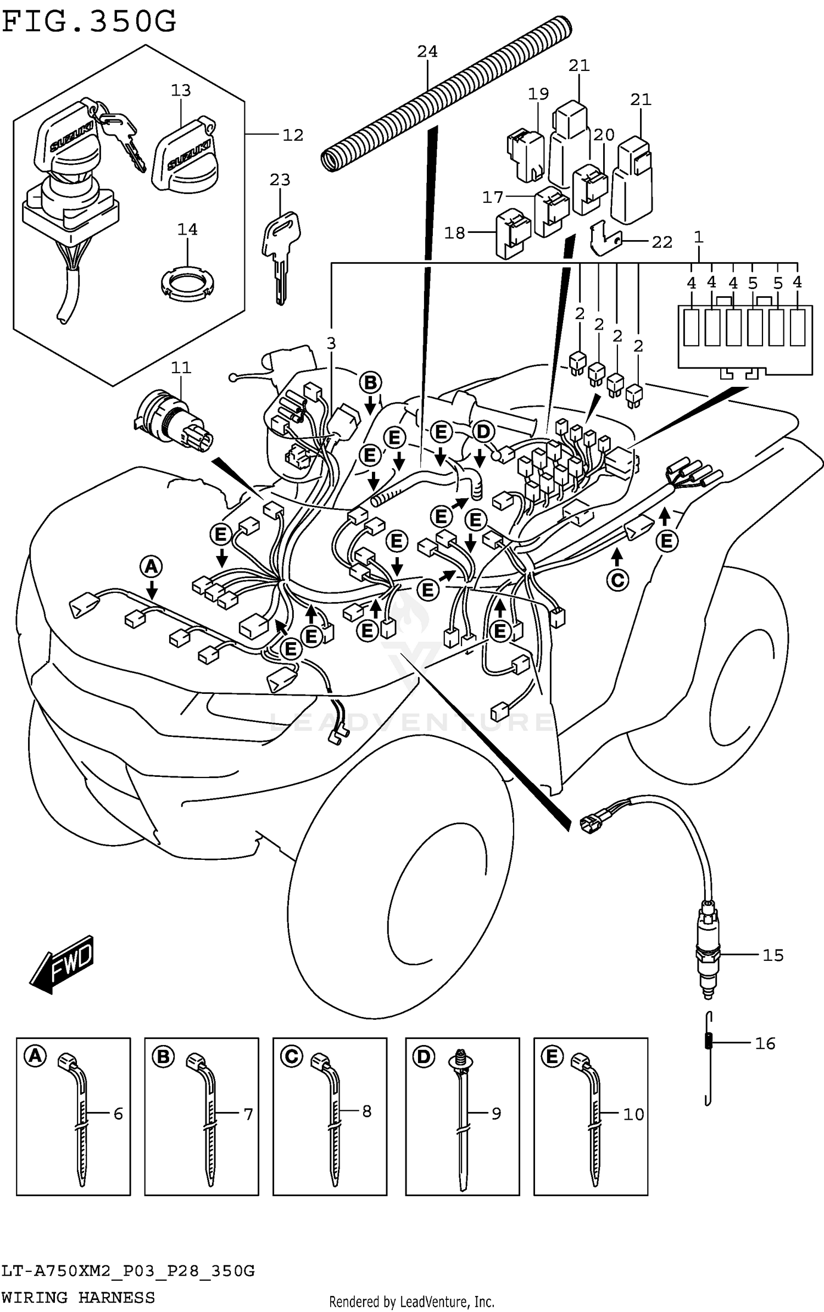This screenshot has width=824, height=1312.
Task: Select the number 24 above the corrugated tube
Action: [427, 52]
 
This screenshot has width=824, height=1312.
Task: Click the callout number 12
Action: [292, 135]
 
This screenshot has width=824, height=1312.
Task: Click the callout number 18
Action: [454, 233]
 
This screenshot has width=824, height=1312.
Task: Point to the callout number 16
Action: [765, 1043]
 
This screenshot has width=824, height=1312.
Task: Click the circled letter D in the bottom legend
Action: [423, 1057]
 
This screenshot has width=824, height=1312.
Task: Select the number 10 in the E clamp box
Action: [633, 1114]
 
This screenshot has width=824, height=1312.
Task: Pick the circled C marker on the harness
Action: [617, 580]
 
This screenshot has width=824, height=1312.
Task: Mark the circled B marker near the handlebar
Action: [370, 383]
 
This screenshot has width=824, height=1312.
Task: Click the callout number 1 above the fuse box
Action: [698, 237]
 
